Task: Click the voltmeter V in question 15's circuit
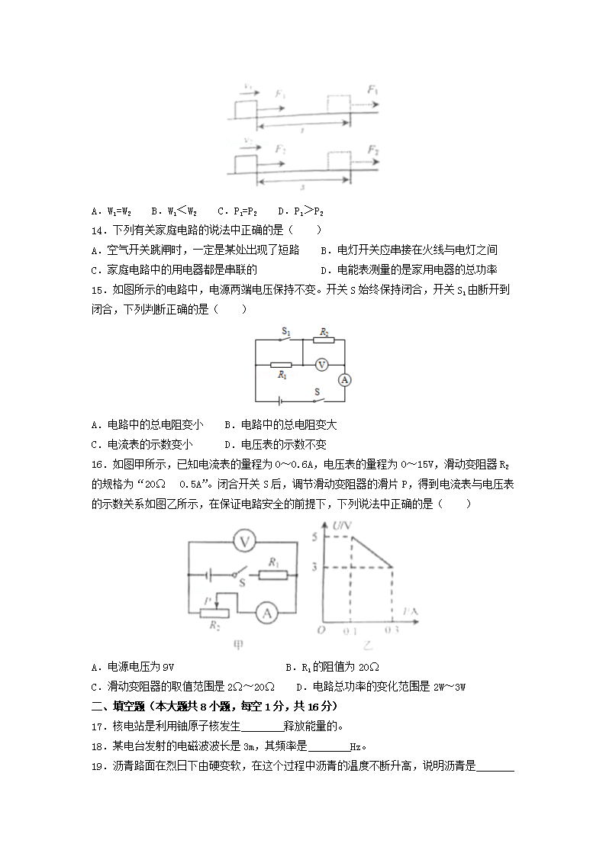pyautogui.click(x=321, y=365)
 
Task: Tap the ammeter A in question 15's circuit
pyautogui.click(x=344, y=379)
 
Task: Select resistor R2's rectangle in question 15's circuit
pyautogui.click(x=324, y=341)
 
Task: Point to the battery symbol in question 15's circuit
pyautogui.click(x=282, y=399)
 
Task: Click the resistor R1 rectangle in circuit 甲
pyautogui.click(x=272, y=572)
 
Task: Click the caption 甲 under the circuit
pyautogui.click(x=239, y=646)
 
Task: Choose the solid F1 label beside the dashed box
pyautogui.click(x=372, y=90)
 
